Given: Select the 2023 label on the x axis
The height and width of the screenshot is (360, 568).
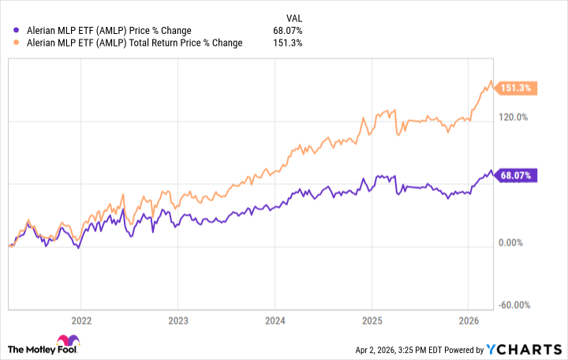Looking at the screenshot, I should [177, 321].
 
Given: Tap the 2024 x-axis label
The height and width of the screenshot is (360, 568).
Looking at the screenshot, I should [274, 321].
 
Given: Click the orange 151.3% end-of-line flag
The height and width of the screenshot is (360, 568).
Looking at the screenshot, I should [514, 88].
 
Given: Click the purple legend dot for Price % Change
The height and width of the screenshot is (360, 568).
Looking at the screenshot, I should [17, 31].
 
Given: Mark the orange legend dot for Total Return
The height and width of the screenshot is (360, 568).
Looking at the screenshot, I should [17, 43].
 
